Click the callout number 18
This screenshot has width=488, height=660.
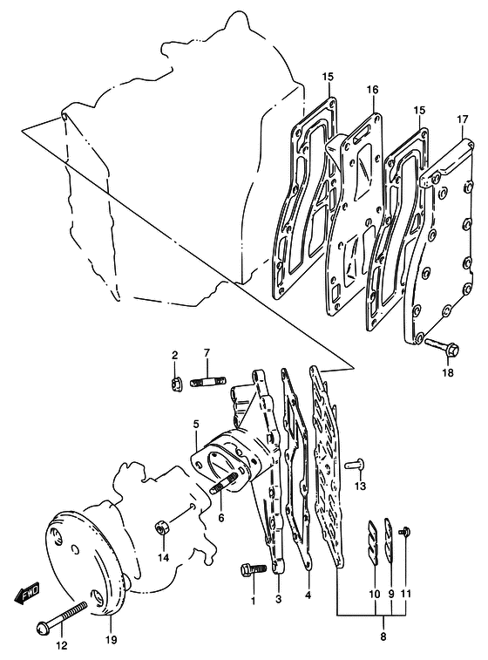tap(449, 372)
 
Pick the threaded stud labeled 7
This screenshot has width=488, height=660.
tap(207, 382)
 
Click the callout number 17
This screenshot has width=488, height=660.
tap(463, 119)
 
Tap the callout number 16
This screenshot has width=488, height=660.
tap(372, 90)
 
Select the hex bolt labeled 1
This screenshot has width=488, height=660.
tap(254, 569)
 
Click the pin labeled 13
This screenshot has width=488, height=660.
tap(355, 465)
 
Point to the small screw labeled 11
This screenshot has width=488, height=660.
tap(405, 532)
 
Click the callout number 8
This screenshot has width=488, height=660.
tap(383, 636)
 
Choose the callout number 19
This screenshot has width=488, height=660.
tap(112, 640)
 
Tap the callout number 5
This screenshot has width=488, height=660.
tap(196, 425)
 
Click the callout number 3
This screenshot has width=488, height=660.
tap(279, 599)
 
